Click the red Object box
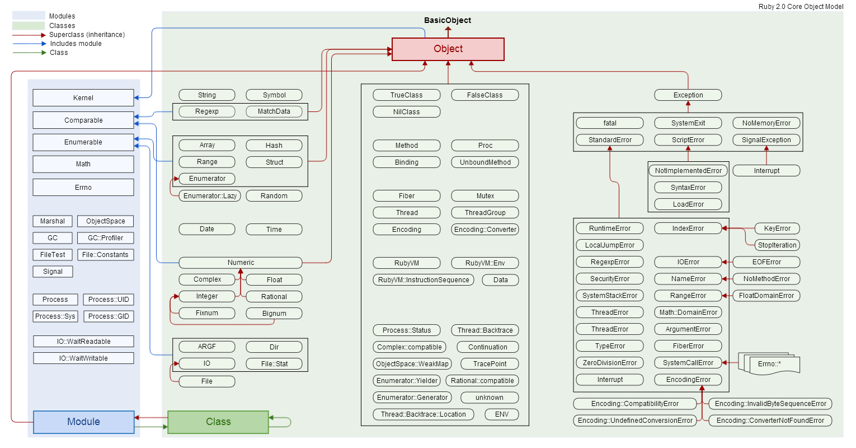point(448,49)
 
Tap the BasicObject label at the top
point(448,20)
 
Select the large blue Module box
point(84,422)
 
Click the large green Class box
point(218,422)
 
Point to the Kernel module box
point(83,98)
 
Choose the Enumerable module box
point(83,142)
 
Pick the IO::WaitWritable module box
point(83,358)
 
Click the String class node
point(207,95)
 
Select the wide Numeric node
point(241,263)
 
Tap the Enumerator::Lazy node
point(210,196)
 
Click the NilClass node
point(407,112)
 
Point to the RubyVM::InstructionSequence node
point(424,280)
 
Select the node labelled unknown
point(490,398)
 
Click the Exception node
point(688,95)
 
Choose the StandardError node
point(610,140)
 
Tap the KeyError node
point(777,228)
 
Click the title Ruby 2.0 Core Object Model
point(801,7)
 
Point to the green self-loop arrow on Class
point(285,422)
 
